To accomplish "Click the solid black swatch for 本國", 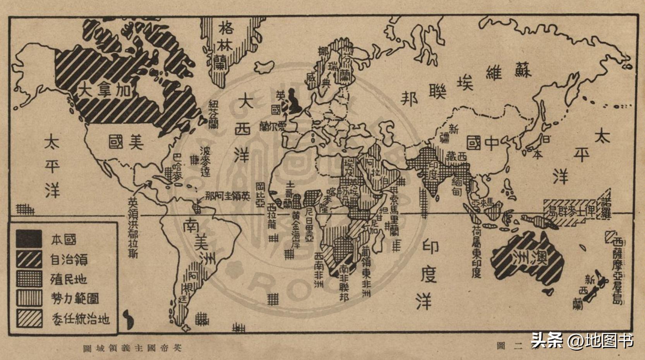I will pos(29,239).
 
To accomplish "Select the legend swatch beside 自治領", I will pos(29,259).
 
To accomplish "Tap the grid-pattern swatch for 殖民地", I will pos(29,279).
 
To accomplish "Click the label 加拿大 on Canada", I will pos(104,91).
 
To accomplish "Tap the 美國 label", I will pos(126,142).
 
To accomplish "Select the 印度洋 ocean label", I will pos(428,275).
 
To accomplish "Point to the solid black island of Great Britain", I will pos(294,101).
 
